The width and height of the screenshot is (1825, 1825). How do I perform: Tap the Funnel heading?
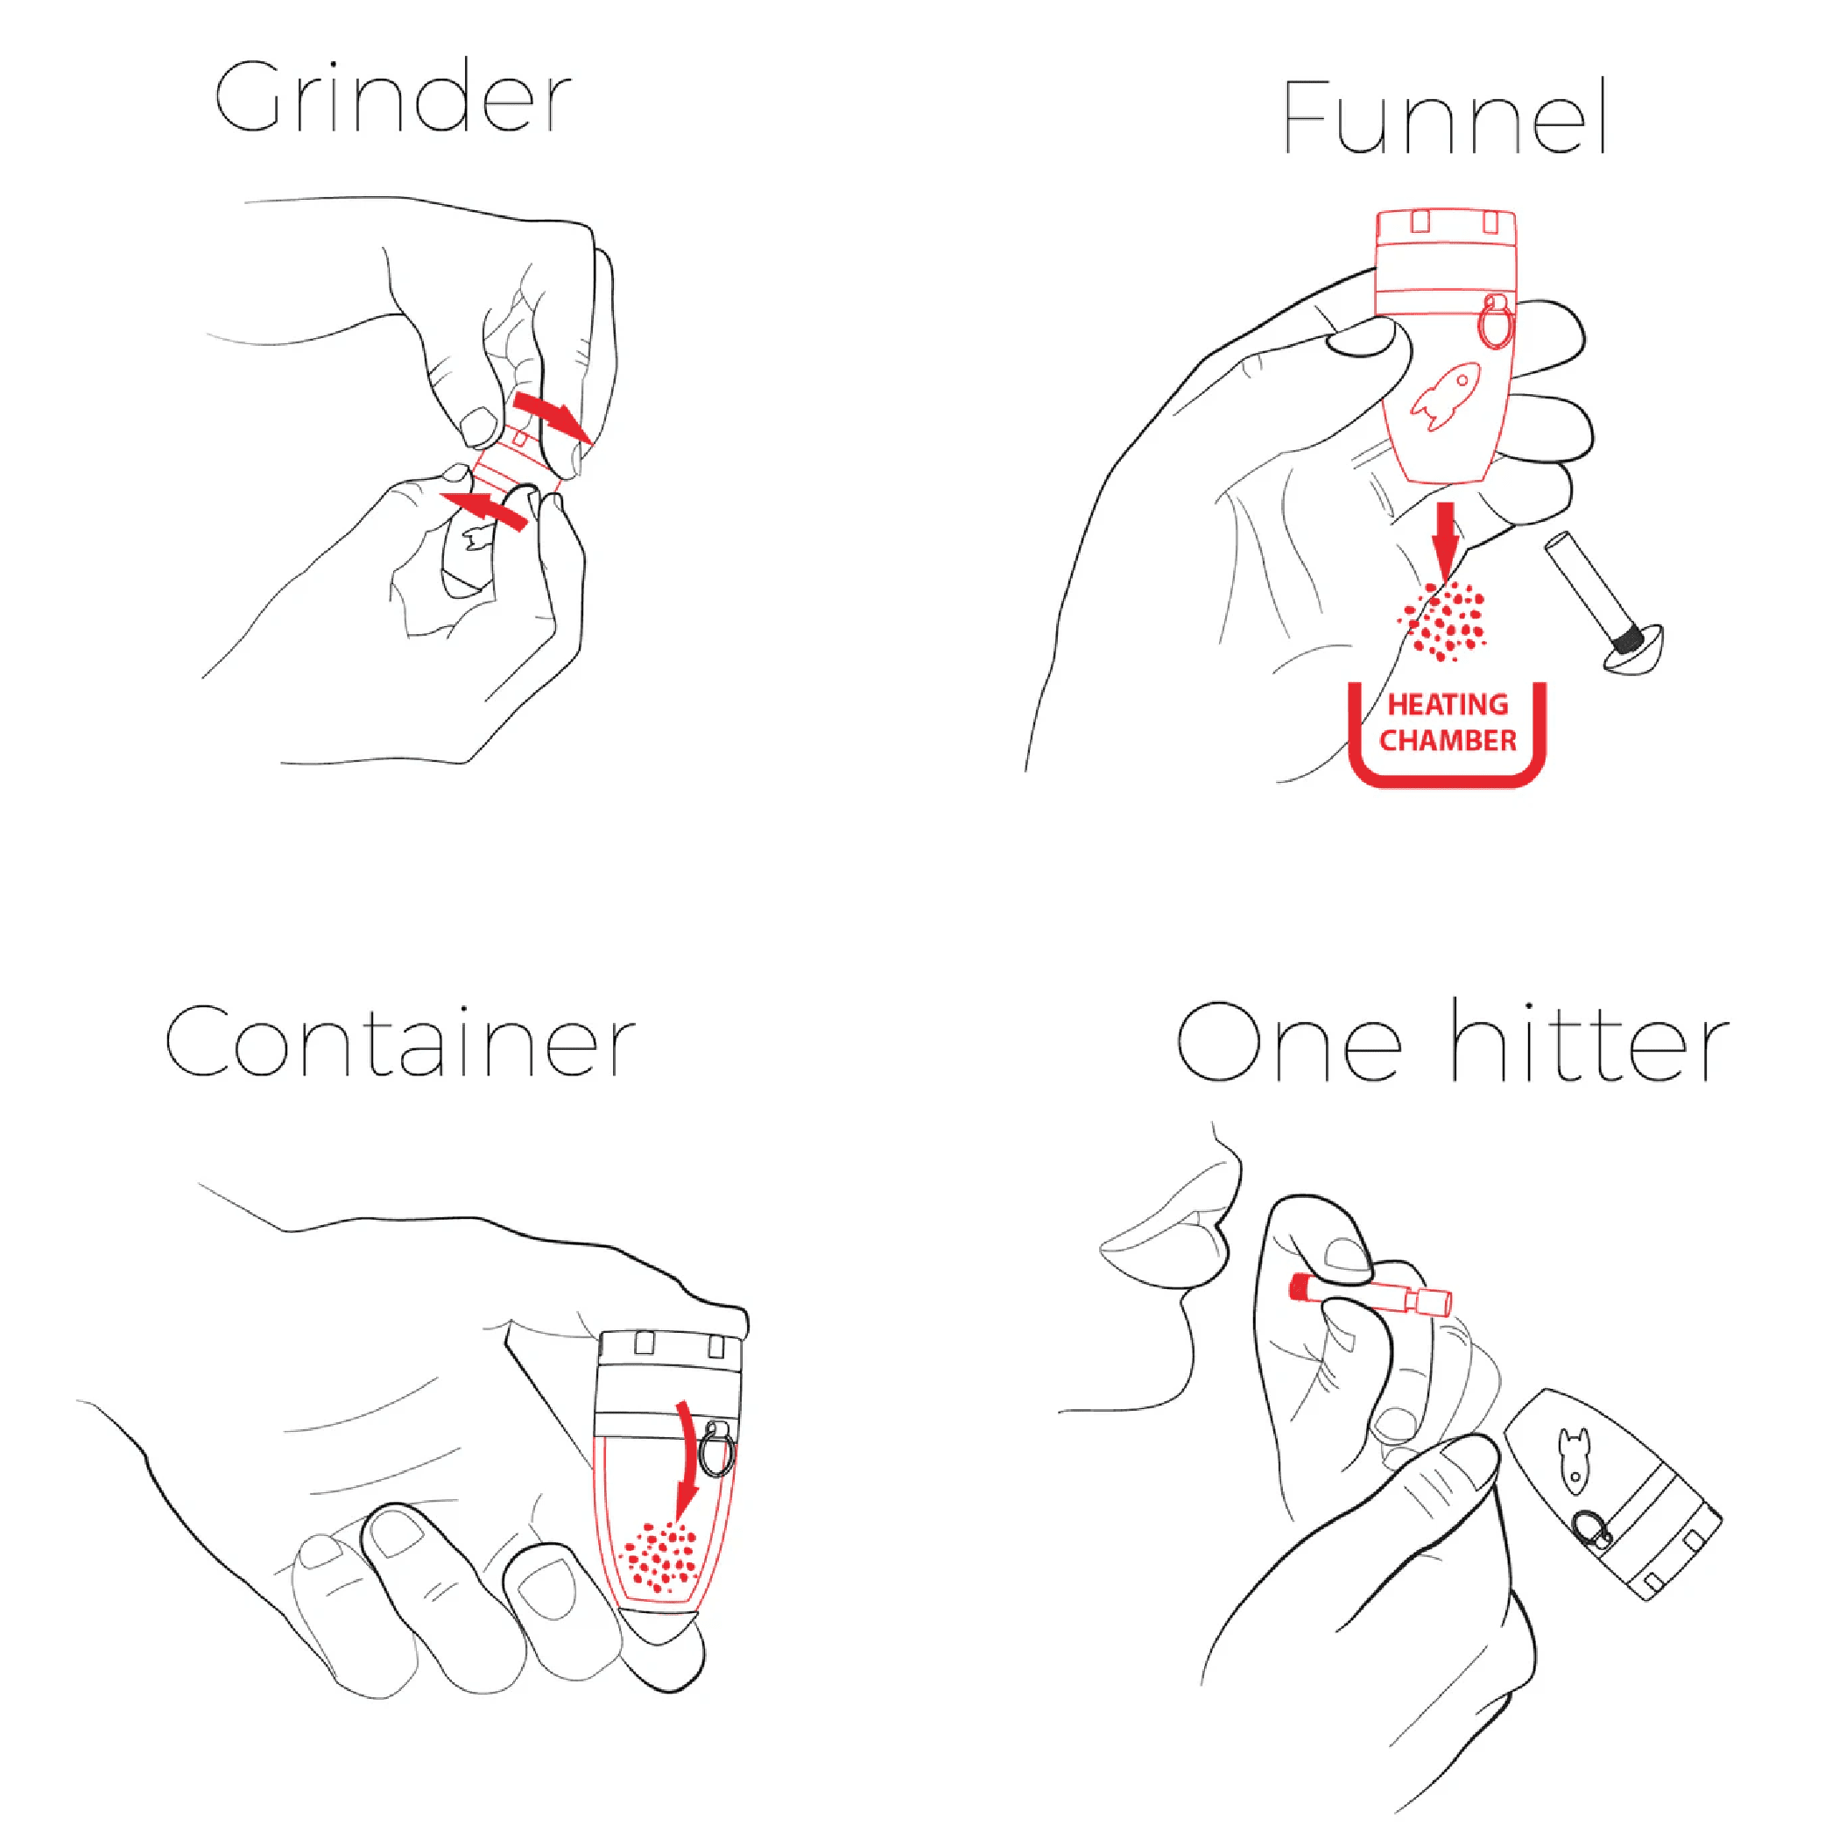(1445, 117)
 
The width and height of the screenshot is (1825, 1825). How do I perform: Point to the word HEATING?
(1448, 705)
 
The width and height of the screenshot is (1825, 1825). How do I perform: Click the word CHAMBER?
(1448, 741)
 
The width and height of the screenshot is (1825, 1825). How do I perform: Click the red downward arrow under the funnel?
(1444, 539)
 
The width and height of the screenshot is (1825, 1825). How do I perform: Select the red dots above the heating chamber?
(1442, 620)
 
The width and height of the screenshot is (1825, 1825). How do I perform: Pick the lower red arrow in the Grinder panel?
(483, 508)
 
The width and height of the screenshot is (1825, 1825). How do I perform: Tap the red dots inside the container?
(659, 1554)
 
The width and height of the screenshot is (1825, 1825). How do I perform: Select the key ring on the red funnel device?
(1496, 321)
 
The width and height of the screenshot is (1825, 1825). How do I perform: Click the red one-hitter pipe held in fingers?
(1370, 1295)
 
